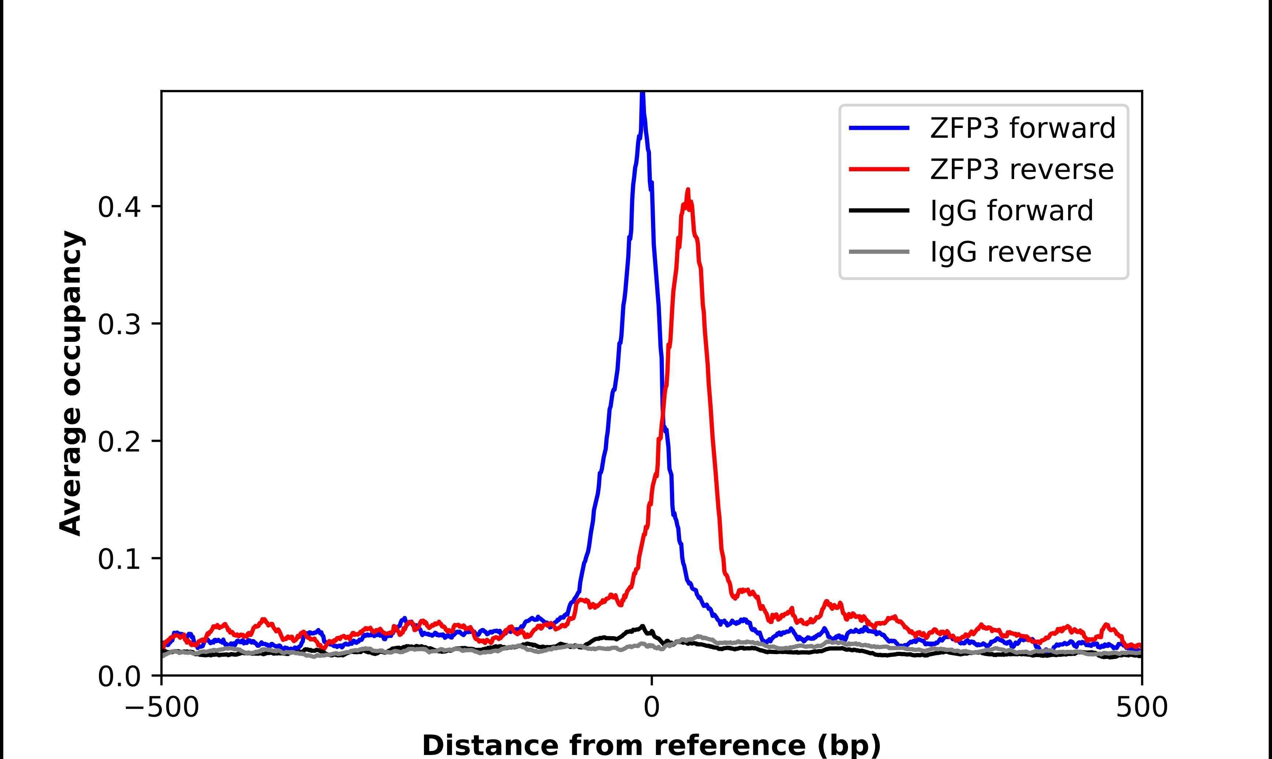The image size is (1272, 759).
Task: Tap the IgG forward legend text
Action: tap(1012, 211)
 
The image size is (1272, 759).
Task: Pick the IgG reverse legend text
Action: tap(1010, 252)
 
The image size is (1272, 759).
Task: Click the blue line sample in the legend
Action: tap(879, 128)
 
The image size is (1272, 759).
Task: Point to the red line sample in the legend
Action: tap(879, 169)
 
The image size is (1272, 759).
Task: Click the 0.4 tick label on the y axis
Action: tap(119, 207)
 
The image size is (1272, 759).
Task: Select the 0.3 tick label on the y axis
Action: tap(119, 324)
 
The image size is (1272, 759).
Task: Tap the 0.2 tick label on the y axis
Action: tap(119, 441)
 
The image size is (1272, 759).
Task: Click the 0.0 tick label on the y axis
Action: tap(119, 676)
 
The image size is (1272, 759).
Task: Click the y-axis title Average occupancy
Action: tap(70, 383)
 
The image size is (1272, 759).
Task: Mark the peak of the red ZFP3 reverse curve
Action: tap(688, 190)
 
